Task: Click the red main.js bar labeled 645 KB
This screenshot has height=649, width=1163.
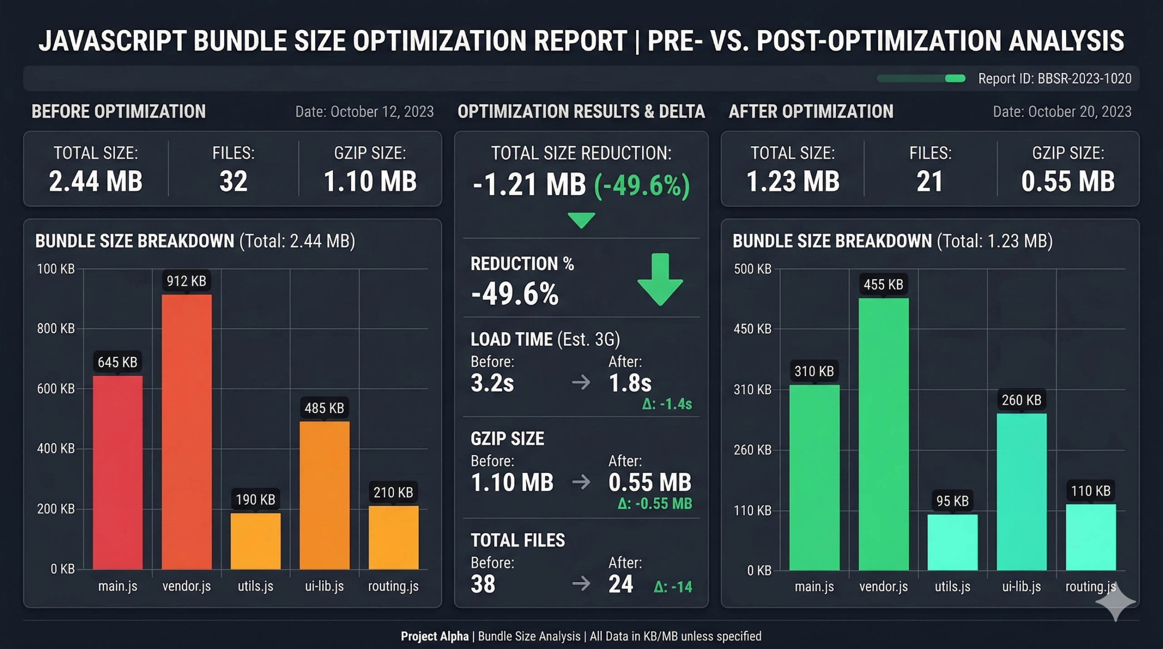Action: (x=118, y=472)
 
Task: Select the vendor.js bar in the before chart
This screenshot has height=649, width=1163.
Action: (x=187, y=431)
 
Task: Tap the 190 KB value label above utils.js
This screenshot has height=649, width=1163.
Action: (x=255, y=500)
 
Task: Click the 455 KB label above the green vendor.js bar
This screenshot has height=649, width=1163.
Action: (x=883, y=285)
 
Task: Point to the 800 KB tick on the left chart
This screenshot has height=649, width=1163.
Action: (x=56, y=328)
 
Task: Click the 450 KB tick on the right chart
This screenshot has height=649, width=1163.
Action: (x=752, y=329)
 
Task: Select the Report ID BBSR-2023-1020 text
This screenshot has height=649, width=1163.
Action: (x=1054, y=79)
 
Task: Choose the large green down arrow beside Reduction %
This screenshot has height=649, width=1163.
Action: (x=660, y=279)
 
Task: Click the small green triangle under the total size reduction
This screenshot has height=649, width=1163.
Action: (x=581, y=220)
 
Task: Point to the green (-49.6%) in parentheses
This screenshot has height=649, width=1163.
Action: (x=642, y=185)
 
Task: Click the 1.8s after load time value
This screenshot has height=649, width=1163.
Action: (x=630, y=383)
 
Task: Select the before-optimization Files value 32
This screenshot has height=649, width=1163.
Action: (x=234, y=181)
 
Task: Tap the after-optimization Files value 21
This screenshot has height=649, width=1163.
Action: (x=930, y=181)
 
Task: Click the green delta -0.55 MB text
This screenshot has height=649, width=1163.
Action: (x=655, y=504)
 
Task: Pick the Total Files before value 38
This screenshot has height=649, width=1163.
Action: (x=483, y=584)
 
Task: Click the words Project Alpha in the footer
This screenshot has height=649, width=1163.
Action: (x=434, y=636)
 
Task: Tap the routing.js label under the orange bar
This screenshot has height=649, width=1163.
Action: (x=393, y=586)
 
